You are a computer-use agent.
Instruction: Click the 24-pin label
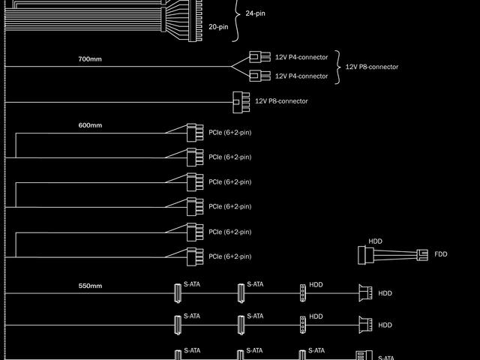[255, 13]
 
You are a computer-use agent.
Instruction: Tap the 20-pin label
[218, 27]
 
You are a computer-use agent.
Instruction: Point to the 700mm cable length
[90, 58]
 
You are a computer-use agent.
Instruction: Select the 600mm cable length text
[90, 125]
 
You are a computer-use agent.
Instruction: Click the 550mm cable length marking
[90, 286]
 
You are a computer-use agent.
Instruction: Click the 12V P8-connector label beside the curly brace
[371, 67]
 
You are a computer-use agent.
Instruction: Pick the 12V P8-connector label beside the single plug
[281, 101]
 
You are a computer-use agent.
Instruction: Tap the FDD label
[440, 254]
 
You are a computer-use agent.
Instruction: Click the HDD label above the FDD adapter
[375, 241]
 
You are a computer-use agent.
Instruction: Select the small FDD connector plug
[423, 254]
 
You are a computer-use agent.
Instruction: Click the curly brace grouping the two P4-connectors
[337, 67]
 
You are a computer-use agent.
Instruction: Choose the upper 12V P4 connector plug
[259, 57]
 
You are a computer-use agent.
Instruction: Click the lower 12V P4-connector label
[301, 76]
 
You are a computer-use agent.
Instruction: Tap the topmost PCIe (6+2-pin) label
[229, 132]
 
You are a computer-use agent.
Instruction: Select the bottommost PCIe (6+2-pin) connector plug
[194, 256]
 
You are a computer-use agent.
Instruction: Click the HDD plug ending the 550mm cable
[365, 293]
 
